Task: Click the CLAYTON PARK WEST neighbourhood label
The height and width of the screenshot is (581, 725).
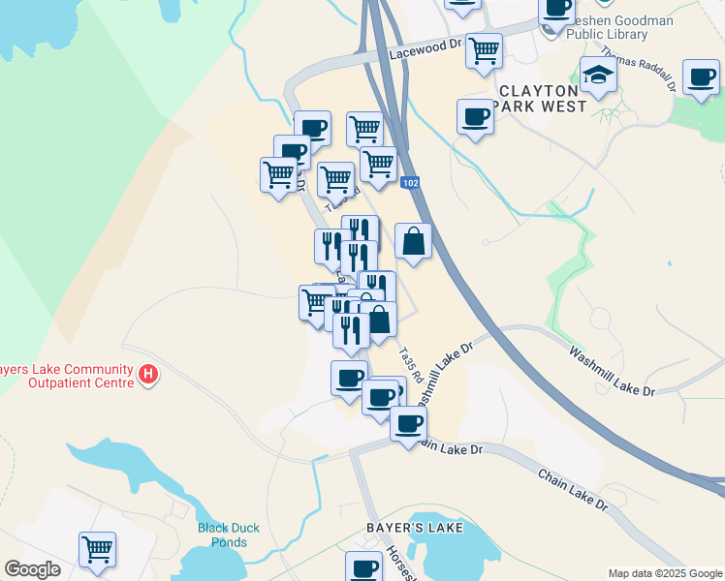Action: click(x=542, y=98)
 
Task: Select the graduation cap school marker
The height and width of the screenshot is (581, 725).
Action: click(x=598, y=76)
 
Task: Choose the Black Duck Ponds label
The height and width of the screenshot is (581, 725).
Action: click(x=229, y=535)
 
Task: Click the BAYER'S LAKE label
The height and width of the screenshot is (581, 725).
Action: click(x=414, y=528)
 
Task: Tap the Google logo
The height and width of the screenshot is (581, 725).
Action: click(x=32, y=569)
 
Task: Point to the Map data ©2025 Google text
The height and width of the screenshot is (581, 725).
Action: click(x=665, y=573)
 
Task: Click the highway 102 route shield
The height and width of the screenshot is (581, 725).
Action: click(x=410, y=181)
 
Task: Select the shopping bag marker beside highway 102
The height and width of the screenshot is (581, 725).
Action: click(x=413, y=242)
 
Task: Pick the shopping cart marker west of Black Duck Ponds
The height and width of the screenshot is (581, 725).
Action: click(x=97, y=550)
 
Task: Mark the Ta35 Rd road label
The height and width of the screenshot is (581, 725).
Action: click(x=411, y=363)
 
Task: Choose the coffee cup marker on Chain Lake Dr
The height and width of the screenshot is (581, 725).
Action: click(x=408, y=423)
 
